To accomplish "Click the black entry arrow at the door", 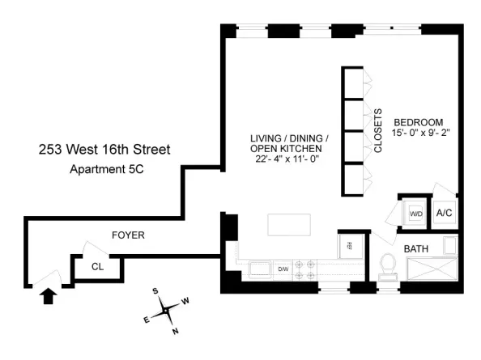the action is click(49, 297).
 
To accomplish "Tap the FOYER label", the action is click(128, 235).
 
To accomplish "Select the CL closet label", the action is click(97, 267).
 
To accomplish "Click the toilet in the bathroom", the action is click(388, 266).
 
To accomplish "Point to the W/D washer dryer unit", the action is click(415, 214).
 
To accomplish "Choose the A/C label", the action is click(445, 213).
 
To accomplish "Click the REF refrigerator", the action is click(351, 246).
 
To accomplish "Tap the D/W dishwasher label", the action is click(283, 269).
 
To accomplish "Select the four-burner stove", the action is click(304, 269).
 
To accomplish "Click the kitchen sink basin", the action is click(260, 269).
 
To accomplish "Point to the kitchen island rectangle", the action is click(289, 225).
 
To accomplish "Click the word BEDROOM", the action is click(419, 122).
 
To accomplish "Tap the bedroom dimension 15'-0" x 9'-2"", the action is click(420, 133).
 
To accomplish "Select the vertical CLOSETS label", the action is click(378, 130).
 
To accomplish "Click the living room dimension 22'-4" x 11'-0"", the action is click(287, 159).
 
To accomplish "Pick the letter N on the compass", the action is click(176, 331).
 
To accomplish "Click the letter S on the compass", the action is click(155, 290).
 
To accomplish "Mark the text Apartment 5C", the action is click(107, 169).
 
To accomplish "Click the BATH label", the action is click(416, 249).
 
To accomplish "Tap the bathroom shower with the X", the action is click(432, 269).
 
